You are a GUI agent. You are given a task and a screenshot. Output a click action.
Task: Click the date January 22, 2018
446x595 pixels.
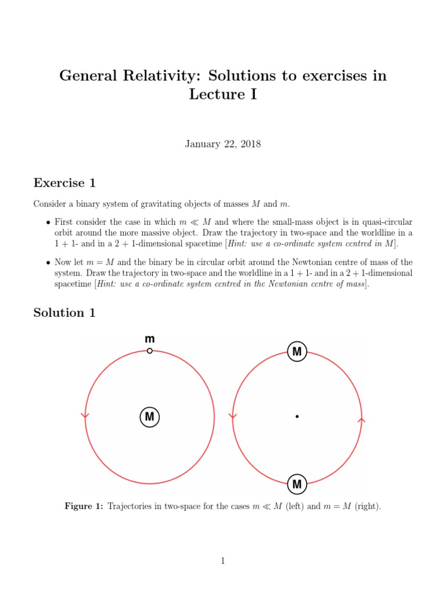[x=223, y=144]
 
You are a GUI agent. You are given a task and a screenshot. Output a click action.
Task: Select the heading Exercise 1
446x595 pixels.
[x=64, y=183]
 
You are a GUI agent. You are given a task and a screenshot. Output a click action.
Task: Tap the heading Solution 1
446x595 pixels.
[x=64, y=313]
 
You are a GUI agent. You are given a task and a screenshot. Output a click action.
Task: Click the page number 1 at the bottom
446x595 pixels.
[x=223, y=561]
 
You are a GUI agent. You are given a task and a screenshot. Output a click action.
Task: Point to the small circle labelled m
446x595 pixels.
[x=149, y=351]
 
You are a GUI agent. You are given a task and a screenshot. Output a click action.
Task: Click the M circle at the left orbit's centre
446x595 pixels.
[x=149, y=417]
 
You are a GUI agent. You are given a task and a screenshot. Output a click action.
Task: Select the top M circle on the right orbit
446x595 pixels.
[x=297, y=352]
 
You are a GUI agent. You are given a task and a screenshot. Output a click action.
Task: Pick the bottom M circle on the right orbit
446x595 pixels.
[x=297, y=483]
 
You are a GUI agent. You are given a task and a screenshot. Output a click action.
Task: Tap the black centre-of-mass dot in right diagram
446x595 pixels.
[x=297, y=417]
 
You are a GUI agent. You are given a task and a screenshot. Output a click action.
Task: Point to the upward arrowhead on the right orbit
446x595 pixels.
[x=362, y=419]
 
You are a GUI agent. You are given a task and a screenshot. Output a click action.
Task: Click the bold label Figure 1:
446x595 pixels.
[x=84, y=507]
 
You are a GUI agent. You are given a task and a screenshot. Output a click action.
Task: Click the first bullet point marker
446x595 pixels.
[x=48, y=223]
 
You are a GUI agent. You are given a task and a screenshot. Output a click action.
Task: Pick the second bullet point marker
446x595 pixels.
[x=48, y=263]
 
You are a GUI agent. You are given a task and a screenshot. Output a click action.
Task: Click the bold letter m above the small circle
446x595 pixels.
[x=149, y=339]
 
